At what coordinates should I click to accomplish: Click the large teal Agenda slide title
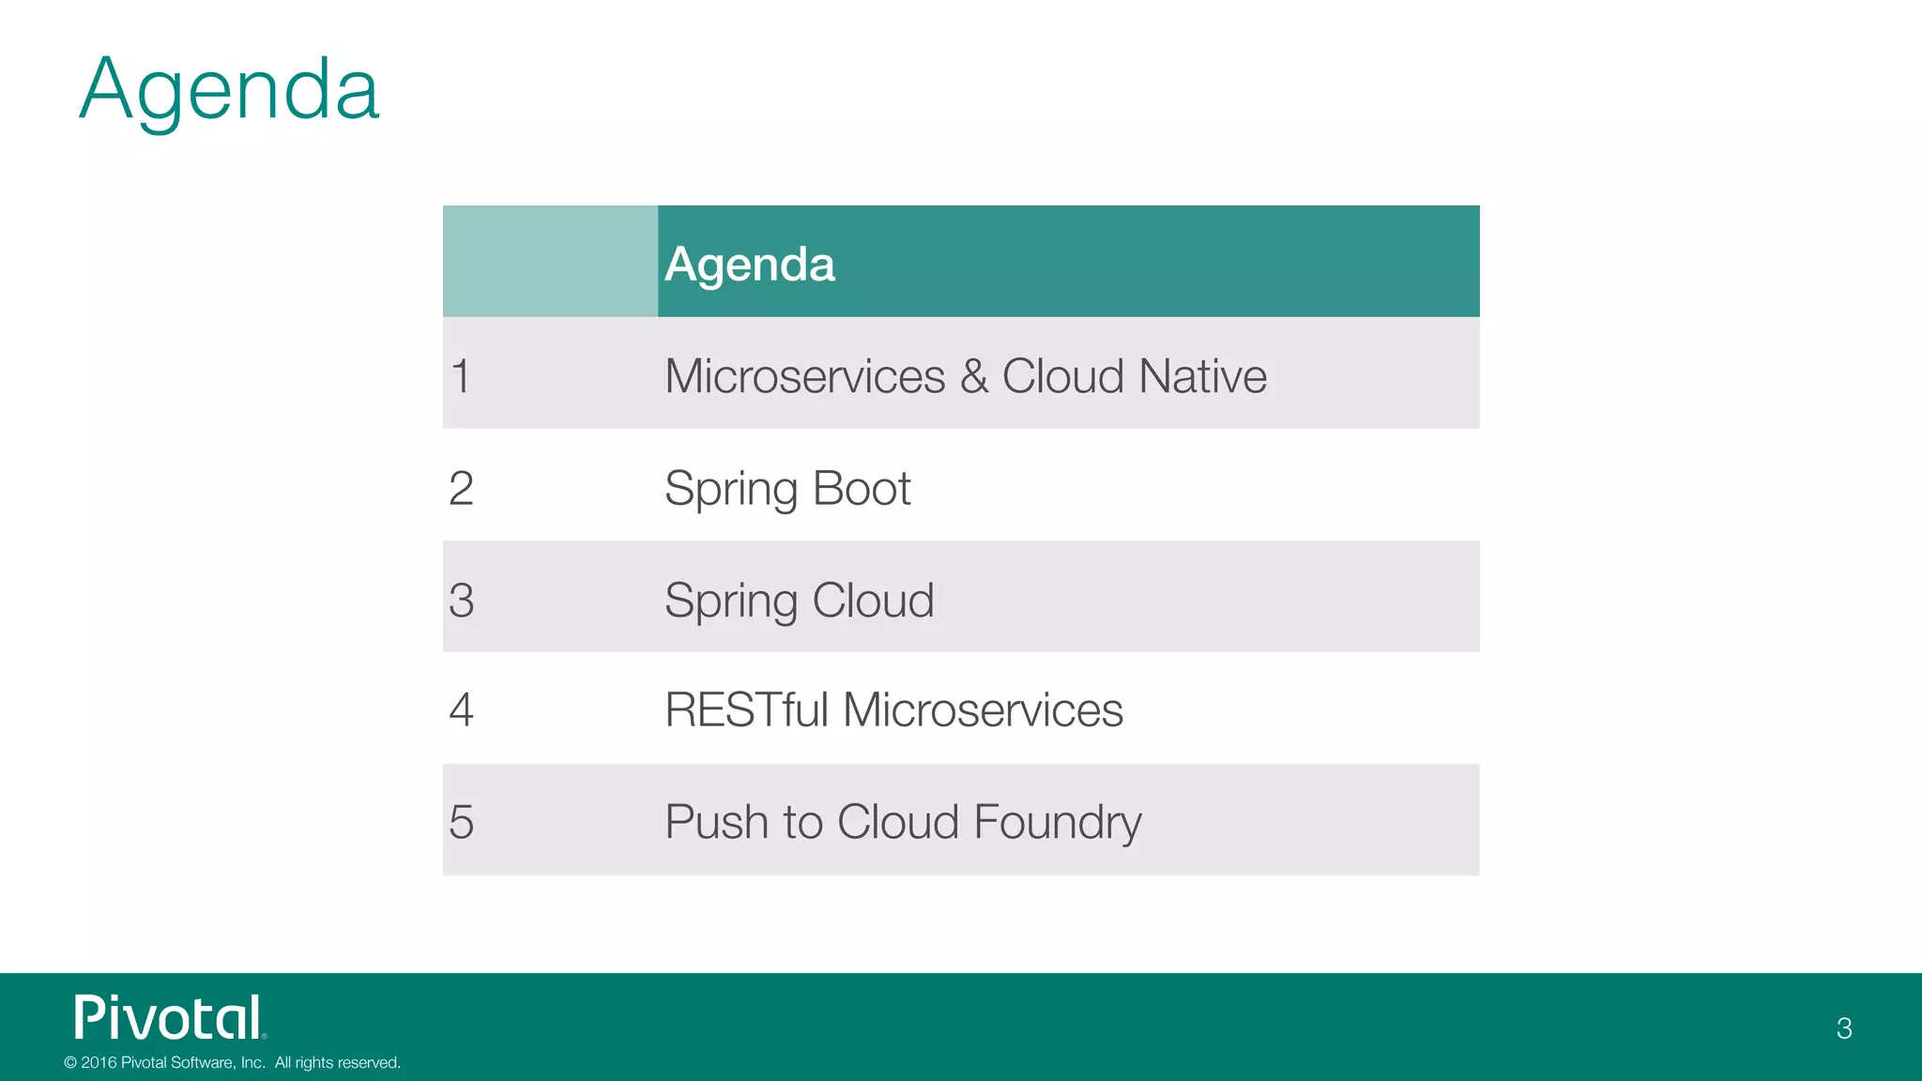click(229, 90)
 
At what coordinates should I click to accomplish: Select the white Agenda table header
click(749, 264)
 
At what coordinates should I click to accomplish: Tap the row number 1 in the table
click(460, 376)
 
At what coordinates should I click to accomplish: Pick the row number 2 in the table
click(461, 488)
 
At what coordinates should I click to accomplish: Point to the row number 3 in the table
click(461, 600)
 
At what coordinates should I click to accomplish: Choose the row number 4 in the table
click(461, 709)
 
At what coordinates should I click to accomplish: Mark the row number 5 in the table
click(461, 821)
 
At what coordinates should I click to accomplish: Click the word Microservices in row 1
click(804, 376)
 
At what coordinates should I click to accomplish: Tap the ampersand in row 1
click(973, 376)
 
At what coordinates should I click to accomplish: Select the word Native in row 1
click(1202, 376)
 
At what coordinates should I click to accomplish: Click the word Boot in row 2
click(861, 488)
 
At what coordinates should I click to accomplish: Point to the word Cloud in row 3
click(873, 600)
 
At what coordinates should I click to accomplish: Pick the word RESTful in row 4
click(746, 709)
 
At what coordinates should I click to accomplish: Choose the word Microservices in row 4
click(983, 709)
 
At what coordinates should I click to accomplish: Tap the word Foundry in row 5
click(1058, 823)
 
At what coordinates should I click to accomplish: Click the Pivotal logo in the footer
click(169, 1018)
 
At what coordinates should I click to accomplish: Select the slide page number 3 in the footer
click(1844, 1028)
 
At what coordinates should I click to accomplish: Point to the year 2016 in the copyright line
click(99, 1062)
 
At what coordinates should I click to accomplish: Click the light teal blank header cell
click(550, 261)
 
